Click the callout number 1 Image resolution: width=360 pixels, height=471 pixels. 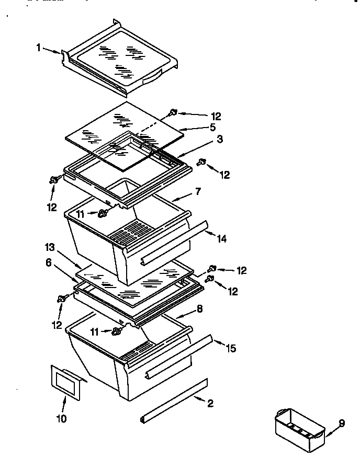[x=39, y=48]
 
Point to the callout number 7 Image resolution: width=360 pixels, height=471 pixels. [x=198, y=192]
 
